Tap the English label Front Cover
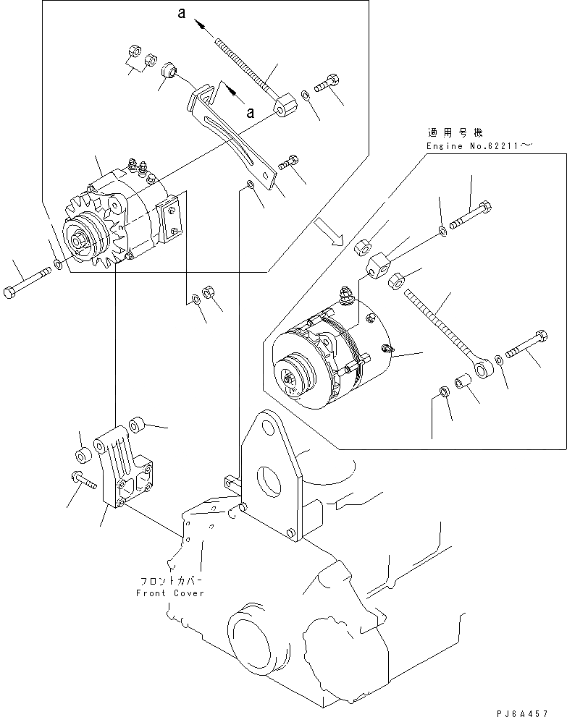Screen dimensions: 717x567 click(170, 593)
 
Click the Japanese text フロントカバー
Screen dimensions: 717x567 click(170, 581)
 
